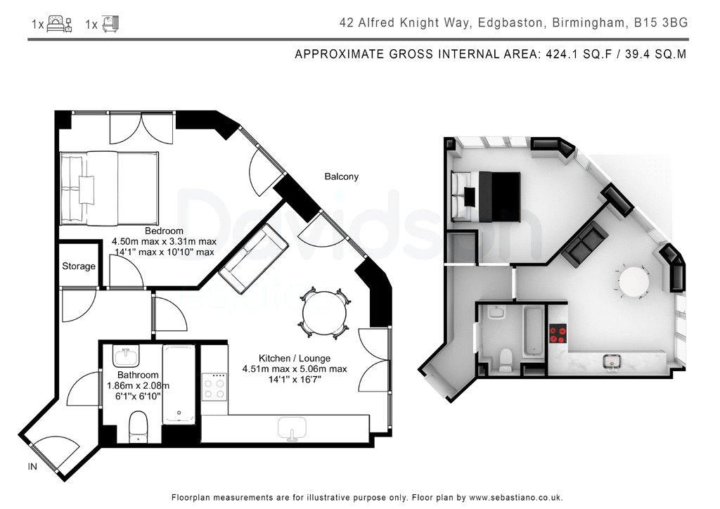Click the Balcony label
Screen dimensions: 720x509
coord(341,176)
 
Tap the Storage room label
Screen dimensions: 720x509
coord(79,266)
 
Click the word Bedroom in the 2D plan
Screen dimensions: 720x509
coord(164,231)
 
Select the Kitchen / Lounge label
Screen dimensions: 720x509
coord(295,358)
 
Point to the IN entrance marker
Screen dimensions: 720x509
coord(32,467)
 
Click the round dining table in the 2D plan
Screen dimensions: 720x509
coord(324,314)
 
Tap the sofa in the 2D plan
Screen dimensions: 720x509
coord(253,259)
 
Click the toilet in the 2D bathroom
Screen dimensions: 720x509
coord(138,427)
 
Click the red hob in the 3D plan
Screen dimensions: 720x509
coord(559,334)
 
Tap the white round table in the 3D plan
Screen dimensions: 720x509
coord(634,281)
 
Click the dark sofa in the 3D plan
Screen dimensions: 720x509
coord(585,244)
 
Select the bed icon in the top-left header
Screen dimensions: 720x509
coord(59,23)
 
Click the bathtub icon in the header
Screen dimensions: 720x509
coord(110,23)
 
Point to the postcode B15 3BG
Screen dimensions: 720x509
coord(661,22)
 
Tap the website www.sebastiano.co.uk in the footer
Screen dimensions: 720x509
coord(515,498)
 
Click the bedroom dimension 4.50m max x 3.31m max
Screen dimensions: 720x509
coord(164,241)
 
